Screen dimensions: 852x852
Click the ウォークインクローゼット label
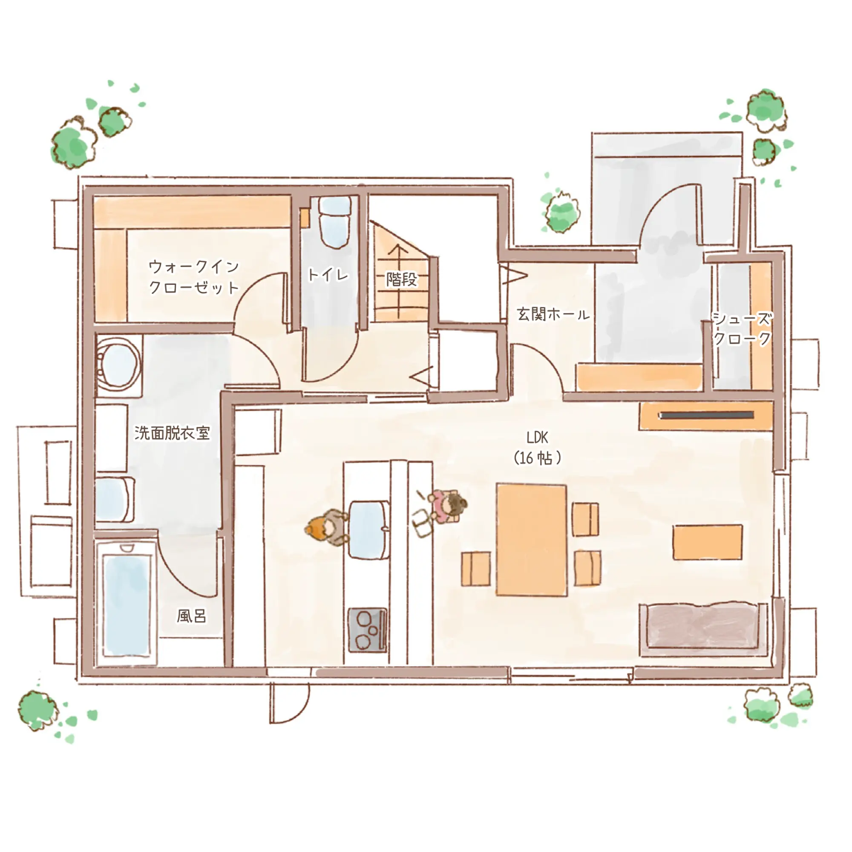194,277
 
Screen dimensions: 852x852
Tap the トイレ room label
328,275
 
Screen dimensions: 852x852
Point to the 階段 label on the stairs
401,279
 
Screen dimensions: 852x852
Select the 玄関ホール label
553,314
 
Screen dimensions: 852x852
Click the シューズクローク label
742,328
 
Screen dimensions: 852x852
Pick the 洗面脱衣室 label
172,433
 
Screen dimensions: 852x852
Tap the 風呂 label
191,616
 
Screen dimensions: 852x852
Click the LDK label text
538,438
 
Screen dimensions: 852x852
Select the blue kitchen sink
369,530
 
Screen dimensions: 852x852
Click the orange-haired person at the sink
327,527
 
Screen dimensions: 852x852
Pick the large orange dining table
531,540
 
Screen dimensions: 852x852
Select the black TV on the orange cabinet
706,415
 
